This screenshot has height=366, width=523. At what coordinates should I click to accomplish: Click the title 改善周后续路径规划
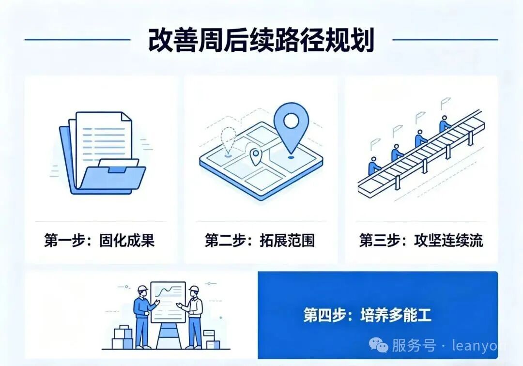pyautogui.click(x=261, y=40)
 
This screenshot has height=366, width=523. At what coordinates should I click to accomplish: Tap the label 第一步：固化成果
pyautogui.click(x=99, y=240)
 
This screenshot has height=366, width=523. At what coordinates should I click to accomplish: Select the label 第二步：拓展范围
pyautogui.click(x=260, y=240)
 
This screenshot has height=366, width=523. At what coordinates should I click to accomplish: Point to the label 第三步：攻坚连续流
pyautogui.click(x=421, y=240)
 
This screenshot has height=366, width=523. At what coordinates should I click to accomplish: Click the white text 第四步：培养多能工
pyautogui.click(x=367, y=315)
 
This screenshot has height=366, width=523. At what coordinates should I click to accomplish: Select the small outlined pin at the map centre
pyautogui.click(x=256, y=157)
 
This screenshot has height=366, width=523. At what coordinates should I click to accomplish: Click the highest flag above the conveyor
pyautogui.click(x=445, y=103)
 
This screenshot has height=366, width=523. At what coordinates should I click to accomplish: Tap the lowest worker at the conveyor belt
pyautogui.click(x=374, y=166)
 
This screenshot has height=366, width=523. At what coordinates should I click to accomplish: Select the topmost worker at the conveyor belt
pyautogui.click(x=445, y=124)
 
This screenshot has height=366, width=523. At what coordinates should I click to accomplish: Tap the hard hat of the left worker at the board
pyautogui.click(x=142, y=289)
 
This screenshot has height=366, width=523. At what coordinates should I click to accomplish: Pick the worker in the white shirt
pyautogui.click(x=193, y=317)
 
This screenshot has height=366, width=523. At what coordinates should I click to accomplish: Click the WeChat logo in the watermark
pyautogui.click(x=379, y=345)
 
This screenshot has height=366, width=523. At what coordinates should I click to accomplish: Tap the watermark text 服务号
pyautogui.click(x=414, y=345)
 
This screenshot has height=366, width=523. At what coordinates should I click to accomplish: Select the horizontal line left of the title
pyautogui.click(x=77, y=40)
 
